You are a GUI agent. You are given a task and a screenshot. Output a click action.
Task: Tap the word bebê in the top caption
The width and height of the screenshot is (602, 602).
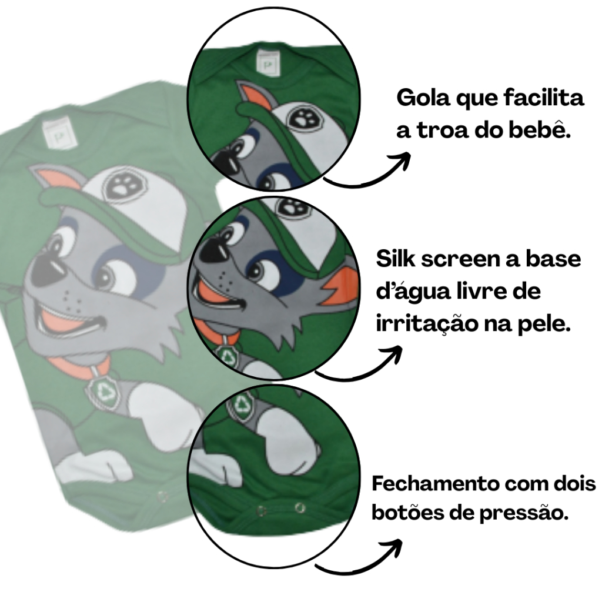coord(540,130)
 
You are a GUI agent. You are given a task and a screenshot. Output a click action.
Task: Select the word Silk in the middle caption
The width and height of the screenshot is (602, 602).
coord(400,258)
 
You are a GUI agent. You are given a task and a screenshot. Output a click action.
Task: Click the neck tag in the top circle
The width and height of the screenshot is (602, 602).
coord(267,58)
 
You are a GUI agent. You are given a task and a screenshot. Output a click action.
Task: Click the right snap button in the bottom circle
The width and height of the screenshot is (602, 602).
coord(300,507)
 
